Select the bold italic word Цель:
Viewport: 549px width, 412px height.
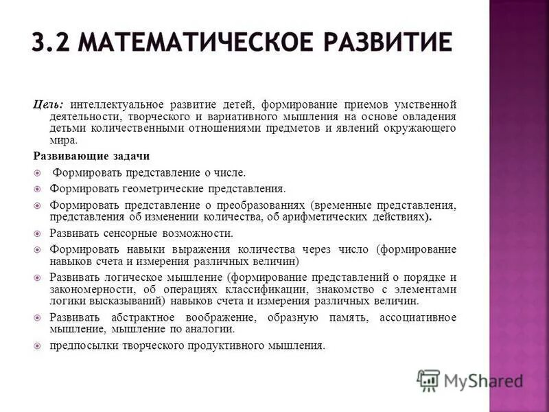tap(49, 104)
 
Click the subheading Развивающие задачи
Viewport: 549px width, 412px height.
tap(91, 156)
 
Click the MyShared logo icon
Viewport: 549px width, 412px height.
tap(428, 380)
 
